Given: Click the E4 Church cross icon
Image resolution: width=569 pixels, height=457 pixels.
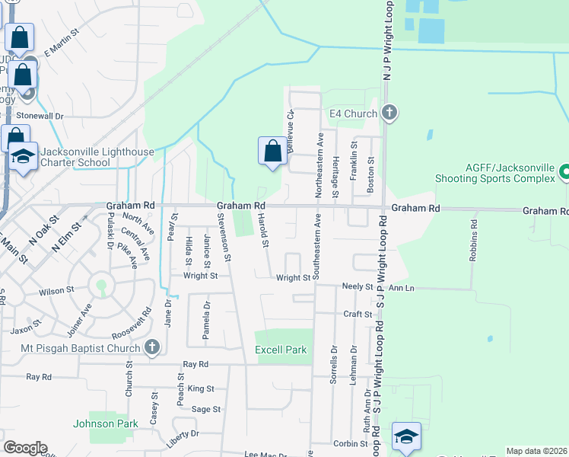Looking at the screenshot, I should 389,113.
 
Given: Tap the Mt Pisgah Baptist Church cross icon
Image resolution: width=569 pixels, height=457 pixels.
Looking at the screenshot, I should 151,347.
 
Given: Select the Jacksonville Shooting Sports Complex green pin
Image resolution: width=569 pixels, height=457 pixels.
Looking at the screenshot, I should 564,172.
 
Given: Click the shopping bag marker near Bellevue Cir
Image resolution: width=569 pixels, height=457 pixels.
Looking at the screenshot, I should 272,151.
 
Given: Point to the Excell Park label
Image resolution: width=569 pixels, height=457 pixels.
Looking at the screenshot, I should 281,350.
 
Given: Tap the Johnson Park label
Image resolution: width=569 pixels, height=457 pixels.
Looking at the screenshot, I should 106,423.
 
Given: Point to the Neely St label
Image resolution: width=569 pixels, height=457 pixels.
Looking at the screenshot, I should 358,287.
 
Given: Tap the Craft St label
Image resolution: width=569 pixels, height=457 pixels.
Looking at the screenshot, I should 358,314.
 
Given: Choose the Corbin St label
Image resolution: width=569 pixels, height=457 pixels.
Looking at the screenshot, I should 351,443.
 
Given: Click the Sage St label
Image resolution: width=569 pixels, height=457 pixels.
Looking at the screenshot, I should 205,409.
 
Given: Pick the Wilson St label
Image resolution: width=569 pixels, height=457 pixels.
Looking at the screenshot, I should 56,290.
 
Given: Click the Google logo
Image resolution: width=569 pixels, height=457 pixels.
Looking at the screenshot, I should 25,448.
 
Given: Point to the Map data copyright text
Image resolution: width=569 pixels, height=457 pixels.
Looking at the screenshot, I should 536,451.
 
